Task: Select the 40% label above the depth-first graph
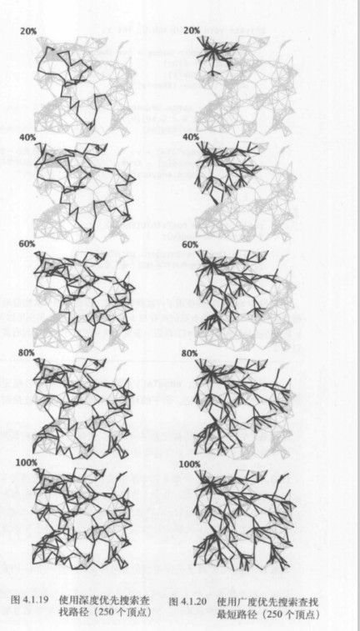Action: pyautogui.click(x=27, y=137)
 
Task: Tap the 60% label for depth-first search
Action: pyautogui.click(x=26, y=244)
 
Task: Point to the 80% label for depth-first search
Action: pyautogui.click(x=25, y=353)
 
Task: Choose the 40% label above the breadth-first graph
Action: pyautogui.click(x=190, y=137)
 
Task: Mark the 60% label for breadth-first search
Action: pyautogui.click(x=189, y=245)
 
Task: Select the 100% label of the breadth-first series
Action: pyautogui.click(x=189, y=464)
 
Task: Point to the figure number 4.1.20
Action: pyautogui.click(x=193, y=602)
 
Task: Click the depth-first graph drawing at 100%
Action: pyautogui.click(x=83, y=518)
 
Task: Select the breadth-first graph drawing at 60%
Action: pyautogui.click(x=244, y=298)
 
